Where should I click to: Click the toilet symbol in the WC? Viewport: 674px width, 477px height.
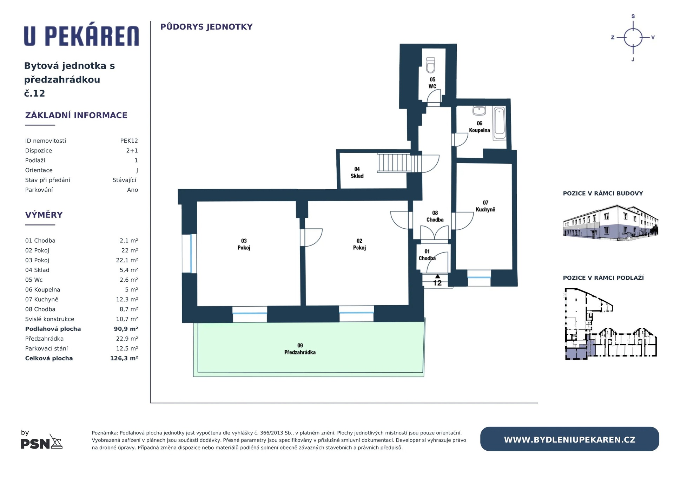point(431,65)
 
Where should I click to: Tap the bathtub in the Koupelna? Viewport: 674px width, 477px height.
point(499,123)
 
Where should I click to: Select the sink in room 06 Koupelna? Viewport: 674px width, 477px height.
point(479,111)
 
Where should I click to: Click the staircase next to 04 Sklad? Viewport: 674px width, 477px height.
point(399,163)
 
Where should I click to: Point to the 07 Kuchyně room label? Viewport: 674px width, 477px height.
point(485,206)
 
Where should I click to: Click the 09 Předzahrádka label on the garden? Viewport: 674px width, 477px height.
point(300,349)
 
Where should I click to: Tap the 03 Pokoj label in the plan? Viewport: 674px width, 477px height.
point(244,244)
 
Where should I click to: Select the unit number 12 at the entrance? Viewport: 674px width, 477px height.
point(437,283)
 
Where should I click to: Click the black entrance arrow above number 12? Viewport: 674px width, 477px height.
point(437,276)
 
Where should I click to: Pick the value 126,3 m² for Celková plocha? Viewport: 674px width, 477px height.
point(124,358)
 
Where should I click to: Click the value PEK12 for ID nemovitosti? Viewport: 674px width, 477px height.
point(129,141)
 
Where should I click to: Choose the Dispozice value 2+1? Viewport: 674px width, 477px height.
point(132,151)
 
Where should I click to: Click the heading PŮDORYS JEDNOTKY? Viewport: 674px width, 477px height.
point(206,27)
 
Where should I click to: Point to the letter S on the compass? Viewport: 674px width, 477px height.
point(633,16)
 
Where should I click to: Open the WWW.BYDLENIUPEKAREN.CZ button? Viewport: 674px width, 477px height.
point(569,439)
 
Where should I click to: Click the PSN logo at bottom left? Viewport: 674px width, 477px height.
point(42,442)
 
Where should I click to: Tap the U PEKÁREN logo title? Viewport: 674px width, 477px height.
point(81,35)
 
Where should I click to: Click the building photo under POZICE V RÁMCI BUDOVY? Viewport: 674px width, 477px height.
point(610,223)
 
